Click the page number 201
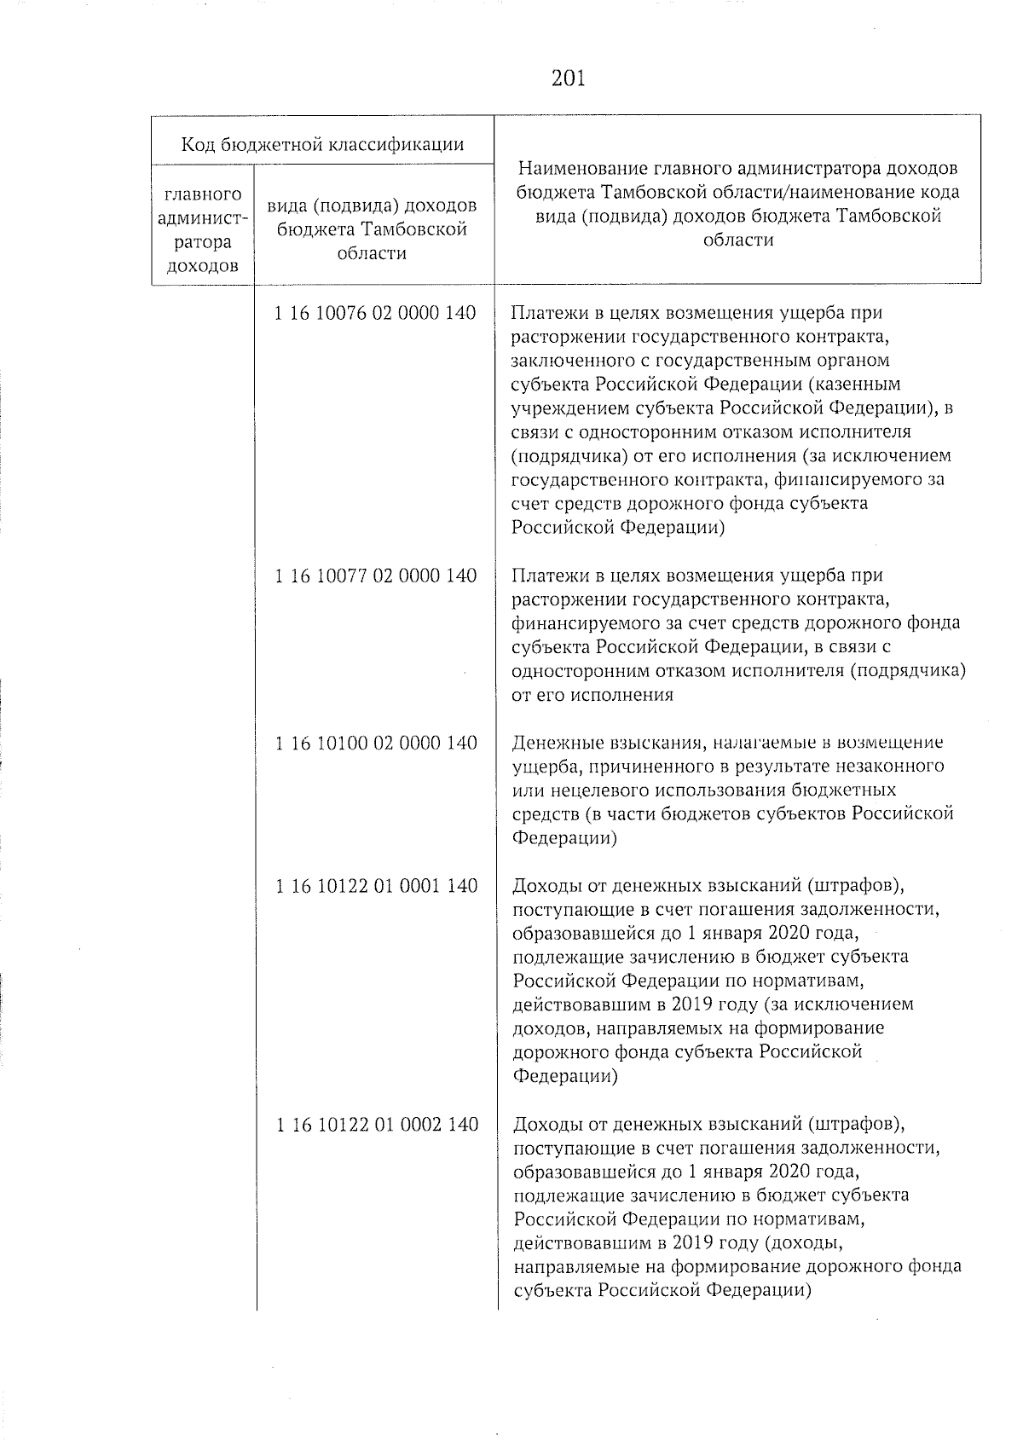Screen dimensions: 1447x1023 (568, 78)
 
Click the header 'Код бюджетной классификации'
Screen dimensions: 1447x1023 (322, 144)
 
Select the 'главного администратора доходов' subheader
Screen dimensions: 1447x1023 (202, 230)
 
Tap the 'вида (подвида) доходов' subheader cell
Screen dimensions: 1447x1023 (372, 206)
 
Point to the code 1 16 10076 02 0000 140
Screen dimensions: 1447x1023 (375, 313)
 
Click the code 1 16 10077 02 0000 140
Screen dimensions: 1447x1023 (375, 576)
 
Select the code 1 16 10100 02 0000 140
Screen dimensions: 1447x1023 (375, 743)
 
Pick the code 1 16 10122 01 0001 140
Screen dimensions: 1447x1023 (375, 886)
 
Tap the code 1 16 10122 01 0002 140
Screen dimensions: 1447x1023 (375, 1124)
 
